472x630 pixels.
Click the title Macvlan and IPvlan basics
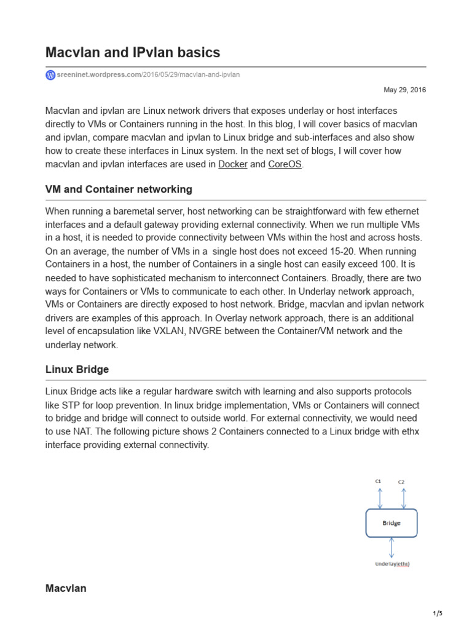click(133, 52)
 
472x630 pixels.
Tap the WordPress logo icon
click(50, 75)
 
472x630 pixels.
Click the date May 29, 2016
click(404, 90)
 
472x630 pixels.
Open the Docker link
click(233, 164)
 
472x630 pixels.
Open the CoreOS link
click(285, 164)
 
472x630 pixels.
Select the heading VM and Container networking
click(119, 189)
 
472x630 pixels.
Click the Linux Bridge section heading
click(77, 369)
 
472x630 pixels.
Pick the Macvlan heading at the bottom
click(66, 588)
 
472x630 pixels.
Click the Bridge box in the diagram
click(391, 523)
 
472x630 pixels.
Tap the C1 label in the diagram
click(379, 480)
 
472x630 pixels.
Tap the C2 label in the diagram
click(401, 482)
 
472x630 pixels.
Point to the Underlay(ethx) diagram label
click(393, 564)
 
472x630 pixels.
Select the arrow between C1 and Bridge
click(380, 497)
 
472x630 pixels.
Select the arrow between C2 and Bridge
click(403, 497)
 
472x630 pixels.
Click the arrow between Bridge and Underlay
click(392, 547)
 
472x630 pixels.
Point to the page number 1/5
click(438, 613)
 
